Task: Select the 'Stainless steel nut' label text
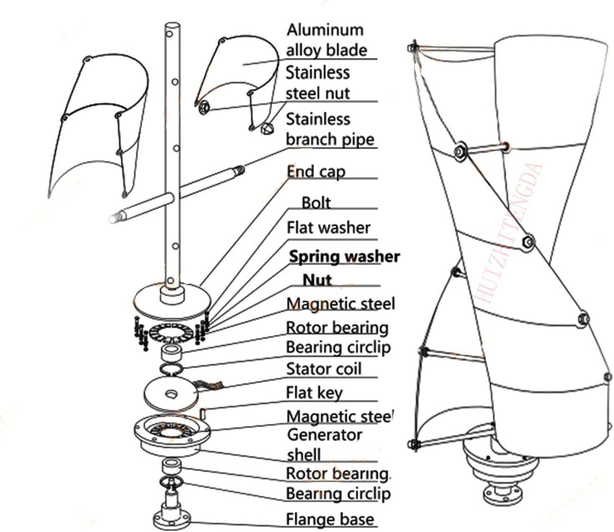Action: tap(317, 83)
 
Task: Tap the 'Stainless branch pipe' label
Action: tap(330, 129)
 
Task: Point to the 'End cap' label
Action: tap(316, 172)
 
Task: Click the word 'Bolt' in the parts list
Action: tap(316, 203)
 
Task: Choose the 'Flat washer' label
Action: tap(328, 228)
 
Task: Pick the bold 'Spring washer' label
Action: tap(344, 256)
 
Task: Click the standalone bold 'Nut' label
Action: tap(317, 280)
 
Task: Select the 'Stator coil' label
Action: tap(323, 369)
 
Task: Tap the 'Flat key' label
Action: tap(314, 392)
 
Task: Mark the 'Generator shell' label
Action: tap(324, 444)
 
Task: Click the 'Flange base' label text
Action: tap(330, 519)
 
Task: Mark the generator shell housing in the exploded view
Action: tap(172, 437)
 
